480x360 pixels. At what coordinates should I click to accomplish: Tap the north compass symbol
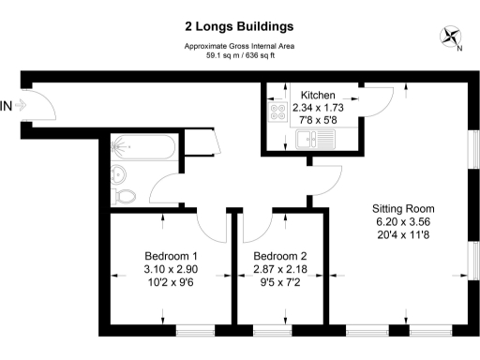[451, 37]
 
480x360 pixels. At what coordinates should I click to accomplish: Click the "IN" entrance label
[7, 105]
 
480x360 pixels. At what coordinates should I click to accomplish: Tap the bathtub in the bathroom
[141, 147]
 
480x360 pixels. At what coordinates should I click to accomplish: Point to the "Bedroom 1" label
[170, 256]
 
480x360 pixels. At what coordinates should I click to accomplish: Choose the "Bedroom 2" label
[280, 256]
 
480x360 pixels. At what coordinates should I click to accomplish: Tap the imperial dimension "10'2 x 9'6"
[170, 284]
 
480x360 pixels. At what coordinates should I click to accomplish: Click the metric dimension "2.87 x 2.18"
[280, 270]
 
